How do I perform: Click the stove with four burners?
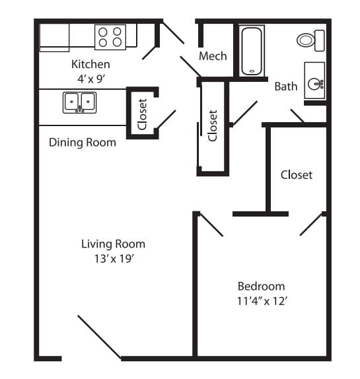110,37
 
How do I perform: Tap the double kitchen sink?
79,102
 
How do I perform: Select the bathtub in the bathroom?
252,50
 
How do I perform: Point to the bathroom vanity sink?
314,82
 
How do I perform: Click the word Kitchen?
90,65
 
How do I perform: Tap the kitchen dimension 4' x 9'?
90,77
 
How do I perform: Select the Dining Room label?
83,142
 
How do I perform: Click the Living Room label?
113,244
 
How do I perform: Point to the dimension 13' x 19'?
113,258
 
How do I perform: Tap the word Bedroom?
261,286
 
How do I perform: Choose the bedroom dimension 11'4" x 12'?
261,300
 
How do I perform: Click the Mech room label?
213,56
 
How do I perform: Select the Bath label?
285,86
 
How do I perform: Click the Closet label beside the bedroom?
296,175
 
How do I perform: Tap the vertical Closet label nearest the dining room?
142,114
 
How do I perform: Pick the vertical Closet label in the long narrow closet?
213,125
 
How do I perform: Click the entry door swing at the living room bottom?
99,337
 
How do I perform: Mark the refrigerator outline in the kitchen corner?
54,38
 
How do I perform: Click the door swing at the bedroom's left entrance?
212,224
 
